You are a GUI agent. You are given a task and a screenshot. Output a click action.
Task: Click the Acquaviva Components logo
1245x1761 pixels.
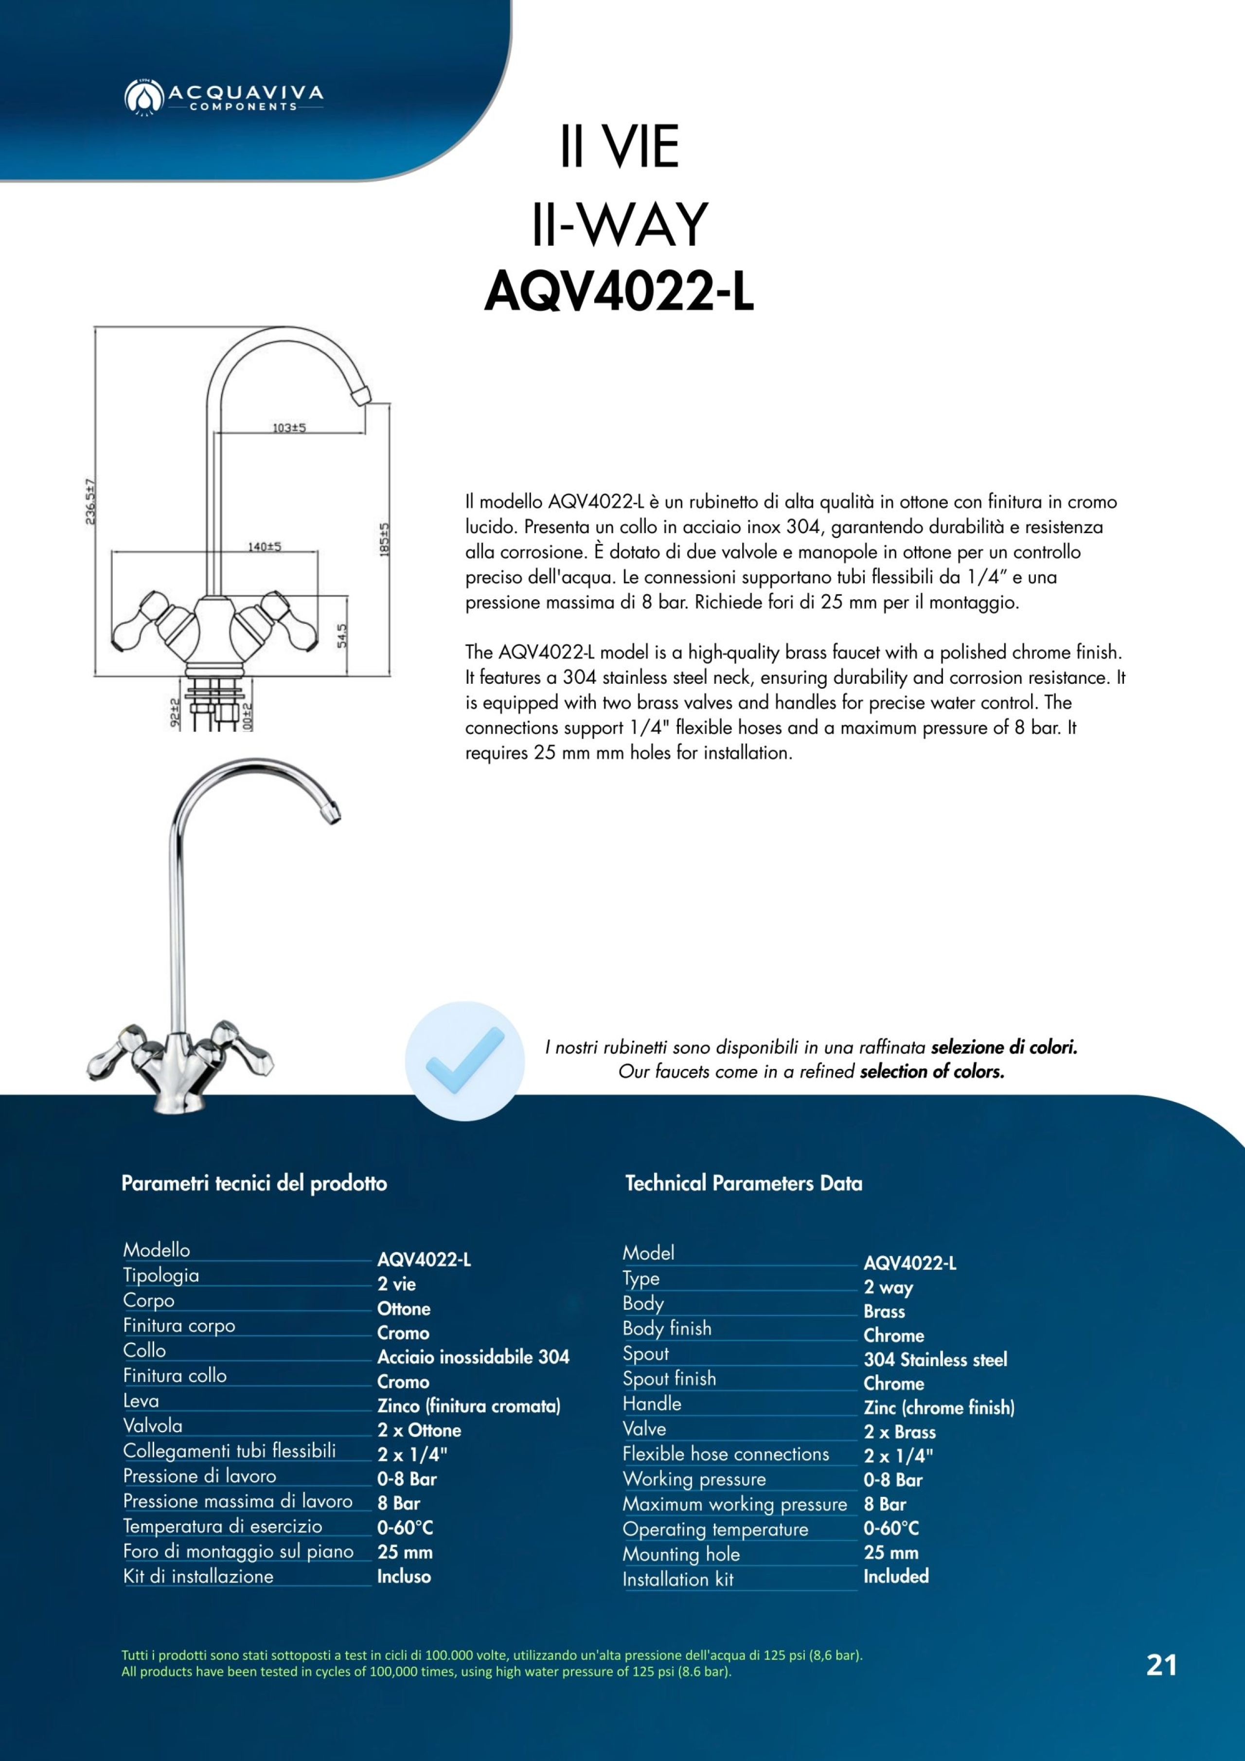[223, 97]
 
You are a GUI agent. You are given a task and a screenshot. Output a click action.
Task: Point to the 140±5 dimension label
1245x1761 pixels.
[264, 547]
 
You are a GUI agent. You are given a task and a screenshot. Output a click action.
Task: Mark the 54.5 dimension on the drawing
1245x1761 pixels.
[342, 635]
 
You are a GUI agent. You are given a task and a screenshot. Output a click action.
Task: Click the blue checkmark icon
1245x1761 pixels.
[465, 1061]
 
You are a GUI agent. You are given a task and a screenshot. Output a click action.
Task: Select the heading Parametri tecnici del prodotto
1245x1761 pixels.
[254, 1183]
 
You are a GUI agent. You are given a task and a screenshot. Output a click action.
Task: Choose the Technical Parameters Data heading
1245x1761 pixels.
[743, 1183]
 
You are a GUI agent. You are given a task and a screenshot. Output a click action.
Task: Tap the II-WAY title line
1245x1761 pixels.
[619, 224]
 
